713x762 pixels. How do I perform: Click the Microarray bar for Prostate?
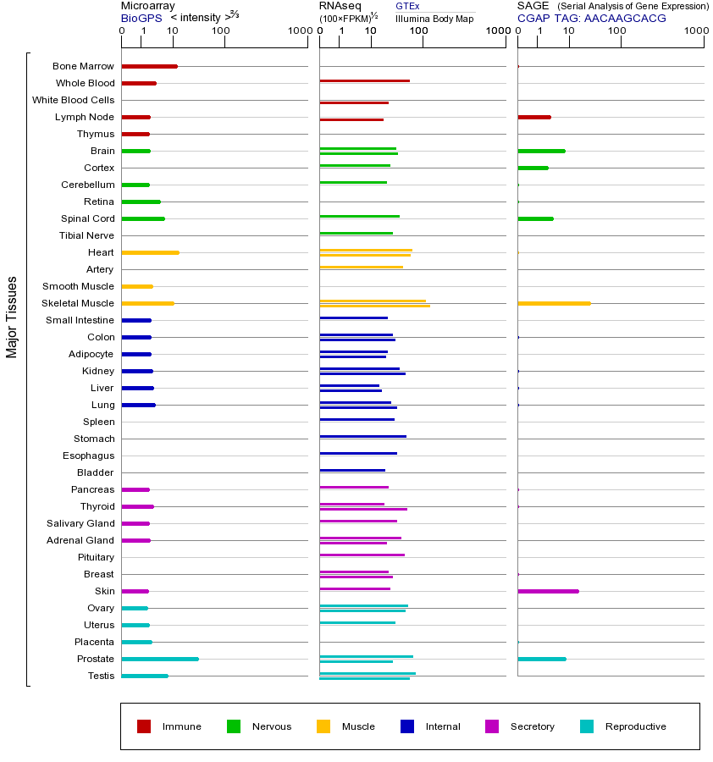pyautogui.click(x=160, y=659)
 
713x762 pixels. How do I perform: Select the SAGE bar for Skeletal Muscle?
pyautogui.click(x=554, y=303)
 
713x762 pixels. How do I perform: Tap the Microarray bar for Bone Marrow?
pyautogui.click(x=149, y=66)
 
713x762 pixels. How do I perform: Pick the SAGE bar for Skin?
pyautogui.click(x=548, y=591)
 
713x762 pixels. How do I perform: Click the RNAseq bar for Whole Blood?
pyautogui.click(x=364, y=81)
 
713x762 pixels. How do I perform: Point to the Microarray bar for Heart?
pyautogui.click(x=150, y=252)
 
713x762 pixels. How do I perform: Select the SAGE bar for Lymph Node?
pyautogui.click(x=533, y=117)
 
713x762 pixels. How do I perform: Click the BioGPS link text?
pyautogui.click(x=141, y=18)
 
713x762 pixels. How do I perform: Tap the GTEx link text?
pyautogui.click(x=407, y=6)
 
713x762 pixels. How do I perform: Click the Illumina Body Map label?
pyautogui.click(x=434, y=19)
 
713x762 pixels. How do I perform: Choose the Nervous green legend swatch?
pyautogui.click(x=234, y=726)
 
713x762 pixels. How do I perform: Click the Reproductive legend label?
pyautogui.click(x=635, y=726)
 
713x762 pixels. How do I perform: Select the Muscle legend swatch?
pyautogui.click(x=323, y=726)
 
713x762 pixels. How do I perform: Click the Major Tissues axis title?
pyautogui.click(x=12, y=317)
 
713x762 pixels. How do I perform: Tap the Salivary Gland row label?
pyautogui.click(x=81, y=523)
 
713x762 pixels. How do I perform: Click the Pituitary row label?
pyautogui.click(x=96, y=557)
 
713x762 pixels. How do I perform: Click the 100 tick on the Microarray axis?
pyautogui.click(x=221, y=31)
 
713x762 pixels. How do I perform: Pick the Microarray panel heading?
pyautogui.click(x=148, y=6)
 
